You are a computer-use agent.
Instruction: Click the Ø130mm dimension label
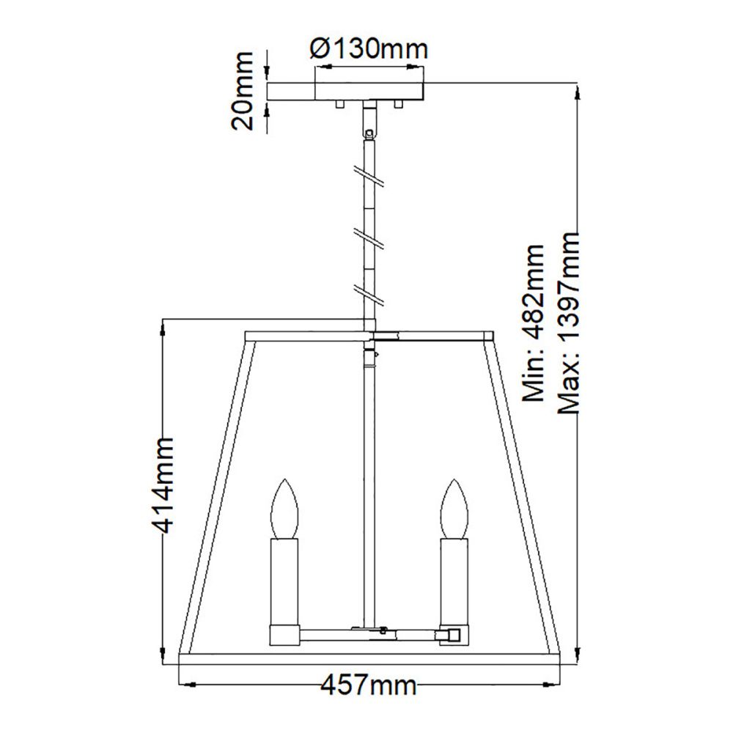coord(369,48)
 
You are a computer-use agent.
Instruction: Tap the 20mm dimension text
coord(242,91)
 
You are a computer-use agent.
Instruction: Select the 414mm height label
coord(163,486)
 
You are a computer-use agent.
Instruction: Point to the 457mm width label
coord(369,686)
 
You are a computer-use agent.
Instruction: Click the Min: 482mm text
coord(534,323)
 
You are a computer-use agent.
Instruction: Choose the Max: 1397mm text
coord(569,323)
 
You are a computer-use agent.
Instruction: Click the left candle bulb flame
coord(284,509)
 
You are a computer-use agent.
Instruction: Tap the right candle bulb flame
coord(454,509)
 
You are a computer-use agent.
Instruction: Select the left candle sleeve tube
coord(284,582)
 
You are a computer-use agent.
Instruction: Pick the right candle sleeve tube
coord(454,582)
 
